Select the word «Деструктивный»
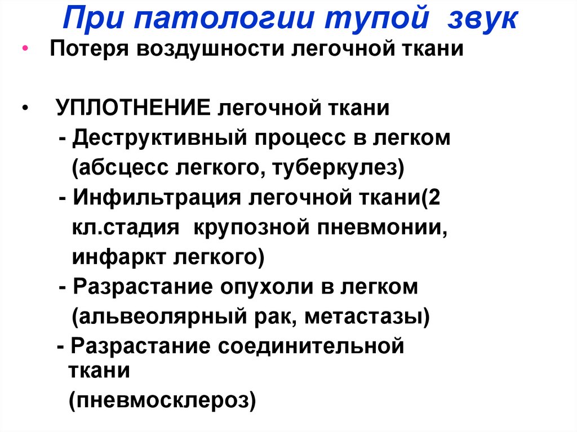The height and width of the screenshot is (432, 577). [x=158, y=137]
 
